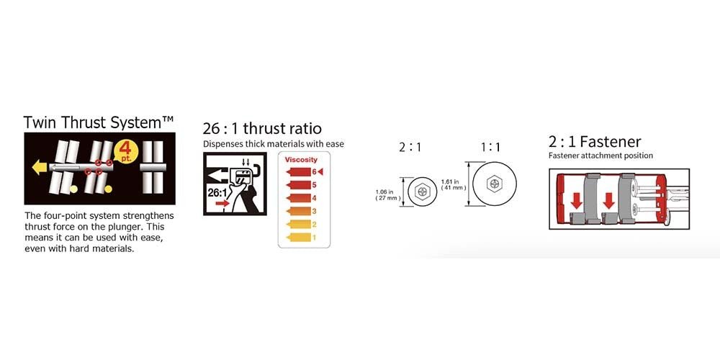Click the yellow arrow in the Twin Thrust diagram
(x=39, y=168)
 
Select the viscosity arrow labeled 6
(x=299, y=172)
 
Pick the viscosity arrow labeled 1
(x=299, y=238)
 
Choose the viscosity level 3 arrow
(x=299, y=212)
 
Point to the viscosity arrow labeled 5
(x=299, y=185)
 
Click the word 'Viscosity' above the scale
(x=301, y=160)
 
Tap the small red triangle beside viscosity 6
(x=320, y=172)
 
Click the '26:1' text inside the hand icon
(x=217, y=192)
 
